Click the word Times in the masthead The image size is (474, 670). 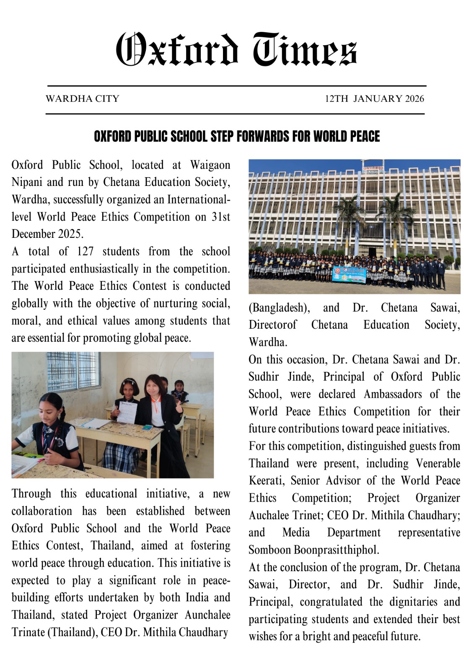(x=305, y=49)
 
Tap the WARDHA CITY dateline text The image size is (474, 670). (x=83, y=99)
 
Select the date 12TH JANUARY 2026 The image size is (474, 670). (x=374, y=99)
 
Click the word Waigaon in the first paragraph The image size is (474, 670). (x=210, y=165)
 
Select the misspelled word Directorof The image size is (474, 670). (x=272, y=325)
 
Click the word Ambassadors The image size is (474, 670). (x=393, y=394)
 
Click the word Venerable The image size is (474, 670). (x=438, y=463)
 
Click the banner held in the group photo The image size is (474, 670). (x=349, y=274)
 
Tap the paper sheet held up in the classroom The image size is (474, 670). (x=127, y=412)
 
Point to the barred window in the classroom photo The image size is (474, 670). (x=73, y=371)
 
